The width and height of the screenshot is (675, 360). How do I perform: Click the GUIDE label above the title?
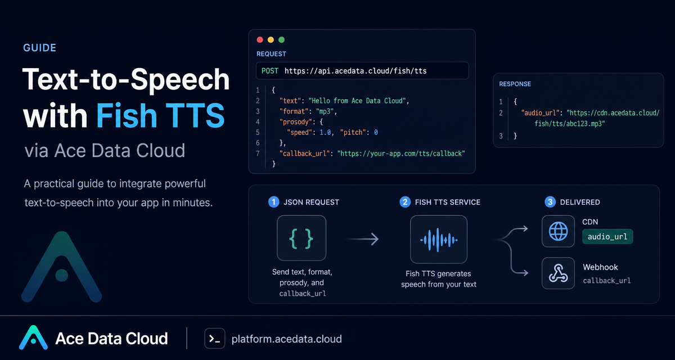click(x=39, y=48)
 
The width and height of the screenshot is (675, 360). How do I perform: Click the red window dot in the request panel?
click(x=260, y=40)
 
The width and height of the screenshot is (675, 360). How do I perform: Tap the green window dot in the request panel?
click(x=281, y=40)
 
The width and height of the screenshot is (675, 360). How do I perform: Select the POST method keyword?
click(x=269, y=71)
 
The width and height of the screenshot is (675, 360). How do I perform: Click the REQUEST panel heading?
click(x=271, y=54)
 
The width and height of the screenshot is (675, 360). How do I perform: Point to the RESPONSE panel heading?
click(x=515, y=84)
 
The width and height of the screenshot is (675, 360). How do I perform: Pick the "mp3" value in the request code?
click(x=325, y=111)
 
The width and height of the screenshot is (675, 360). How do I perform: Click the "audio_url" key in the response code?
click(x=541, y=113)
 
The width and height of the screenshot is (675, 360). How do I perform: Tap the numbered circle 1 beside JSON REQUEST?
click(x=273, y=202)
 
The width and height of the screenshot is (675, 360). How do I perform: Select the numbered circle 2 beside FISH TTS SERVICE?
click(x=405, y=202)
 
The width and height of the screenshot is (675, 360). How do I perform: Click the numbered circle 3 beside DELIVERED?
click(x=550, y=202)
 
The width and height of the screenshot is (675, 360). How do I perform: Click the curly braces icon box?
click(x=301, y=238)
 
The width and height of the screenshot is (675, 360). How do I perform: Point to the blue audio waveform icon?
click(x=439, y=240)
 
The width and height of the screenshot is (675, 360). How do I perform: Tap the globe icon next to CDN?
click(x=558, y=231)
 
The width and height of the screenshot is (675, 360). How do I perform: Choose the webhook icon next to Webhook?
click(x=558, y=273)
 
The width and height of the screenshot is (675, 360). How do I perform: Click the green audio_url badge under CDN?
click(x=607, y=236)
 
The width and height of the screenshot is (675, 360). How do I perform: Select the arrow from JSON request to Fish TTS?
click(x=362, y=239)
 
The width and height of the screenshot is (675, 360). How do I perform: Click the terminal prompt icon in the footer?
click(x=214, y=339)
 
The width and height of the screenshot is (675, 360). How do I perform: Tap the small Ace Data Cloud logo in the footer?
click(x=33, y=337)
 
